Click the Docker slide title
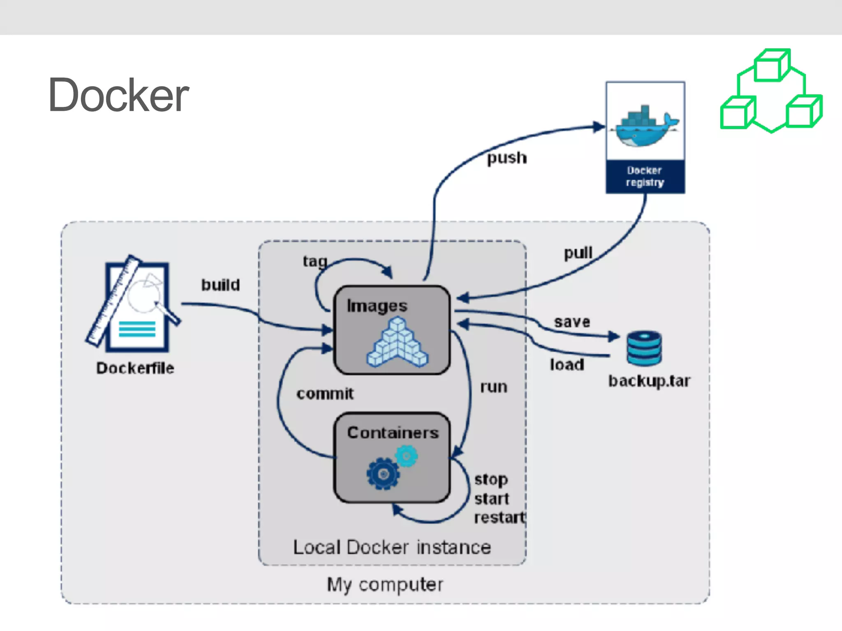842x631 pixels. point(118,95)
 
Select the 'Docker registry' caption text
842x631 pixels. point(644,176)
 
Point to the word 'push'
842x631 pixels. point(507,158)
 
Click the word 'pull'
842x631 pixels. point(578,253)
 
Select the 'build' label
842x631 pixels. point(220,285)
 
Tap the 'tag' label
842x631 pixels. point(315,261)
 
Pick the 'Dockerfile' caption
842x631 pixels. point(135,368)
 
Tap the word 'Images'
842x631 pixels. point(377,306)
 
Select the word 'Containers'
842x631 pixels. point(393,433)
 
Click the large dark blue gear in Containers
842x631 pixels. point(383,474)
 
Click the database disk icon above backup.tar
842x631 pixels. point(644,348)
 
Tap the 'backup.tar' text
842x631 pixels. point(649,381)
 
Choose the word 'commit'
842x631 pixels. point(325,394)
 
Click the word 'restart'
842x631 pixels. point(500,518)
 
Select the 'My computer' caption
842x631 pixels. point(385,584)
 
